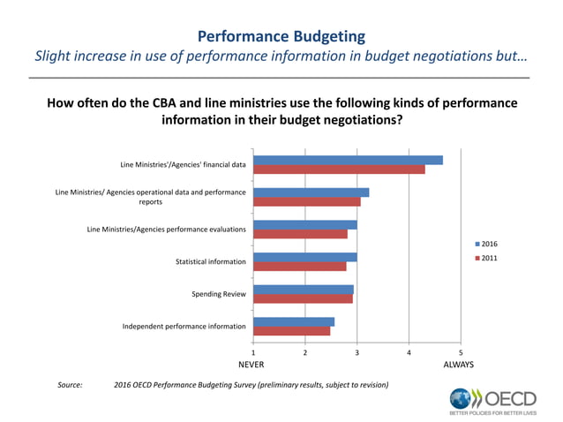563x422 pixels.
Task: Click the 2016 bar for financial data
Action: click(348, 160)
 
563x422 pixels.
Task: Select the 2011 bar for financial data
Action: click(339, 170)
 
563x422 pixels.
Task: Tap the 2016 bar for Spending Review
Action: click(304, 290)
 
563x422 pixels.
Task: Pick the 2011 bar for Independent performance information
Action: click(292, 331)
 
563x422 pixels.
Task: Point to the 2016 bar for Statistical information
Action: click(305, 257)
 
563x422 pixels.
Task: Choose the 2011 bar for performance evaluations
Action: click(300, 234)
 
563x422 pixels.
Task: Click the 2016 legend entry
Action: click(488, 243)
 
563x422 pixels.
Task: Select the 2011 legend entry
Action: click(488, 258)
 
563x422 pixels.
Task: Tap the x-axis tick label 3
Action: click(357, 352)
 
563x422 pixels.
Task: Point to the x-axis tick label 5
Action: click(461, 352)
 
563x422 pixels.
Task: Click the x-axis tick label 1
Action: click(253, 352)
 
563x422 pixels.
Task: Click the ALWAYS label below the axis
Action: click(459, 364)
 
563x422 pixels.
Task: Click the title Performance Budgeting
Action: click(281, 36)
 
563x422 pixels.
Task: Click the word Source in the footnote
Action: click(70, 385)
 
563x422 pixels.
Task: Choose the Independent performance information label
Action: click(184, 327)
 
